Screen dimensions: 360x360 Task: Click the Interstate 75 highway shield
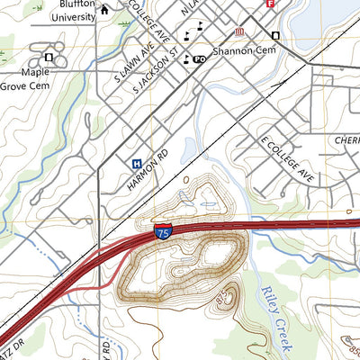(x=161, y=233)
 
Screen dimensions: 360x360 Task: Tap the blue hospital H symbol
(x=136, y=164)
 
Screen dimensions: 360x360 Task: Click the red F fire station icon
(x=270, y=4)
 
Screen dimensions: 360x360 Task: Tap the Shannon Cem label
(x=242, y=51)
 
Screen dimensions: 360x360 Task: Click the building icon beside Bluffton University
(x=105, y=11)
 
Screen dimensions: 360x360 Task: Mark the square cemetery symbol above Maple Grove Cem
(x=48, y=58)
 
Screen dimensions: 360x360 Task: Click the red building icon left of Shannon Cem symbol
(x=238, y=34)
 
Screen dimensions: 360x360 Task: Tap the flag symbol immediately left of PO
(x=186, y=59)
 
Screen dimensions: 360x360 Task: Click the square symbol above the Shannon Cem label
(x=275, y=35)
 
